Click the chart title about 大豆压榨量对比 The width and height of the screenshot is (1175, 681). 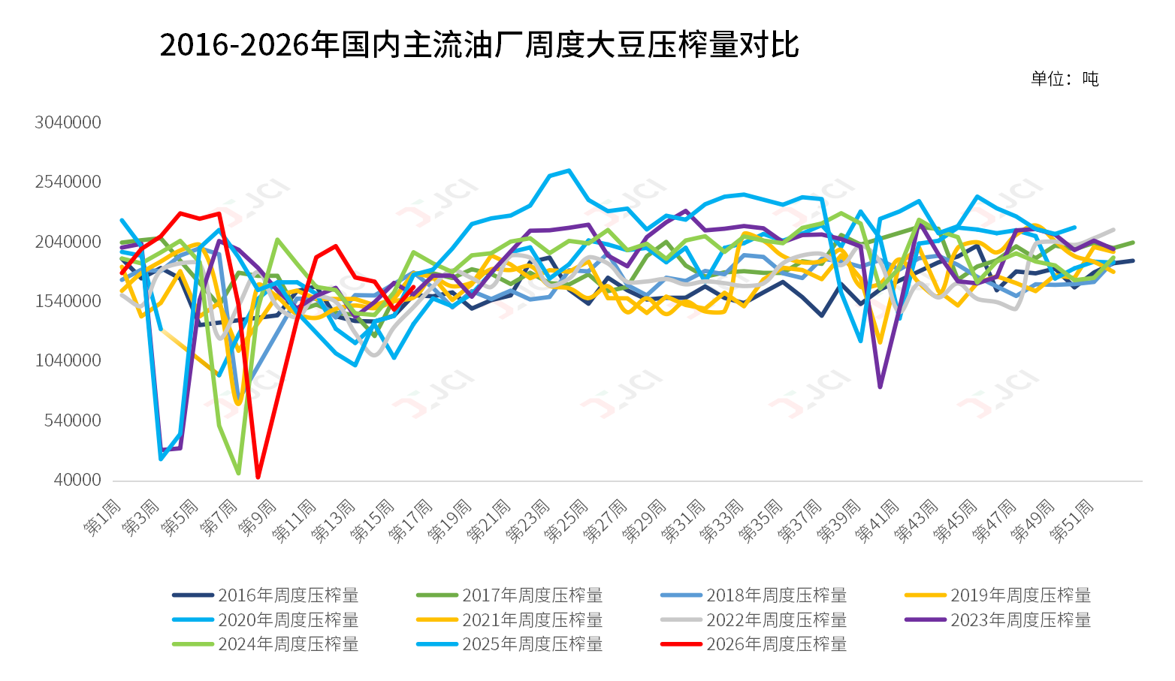coord(479,44)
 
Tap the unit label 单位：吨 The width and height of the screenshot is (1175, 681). coord(1065,79)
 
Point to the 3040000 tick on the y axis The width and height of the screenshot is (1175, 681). coord(68,122)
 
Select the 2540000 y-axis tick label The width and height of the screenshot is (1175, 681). coord(68,182)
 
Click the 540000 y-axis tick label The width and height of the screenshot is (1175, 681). coord(72,420)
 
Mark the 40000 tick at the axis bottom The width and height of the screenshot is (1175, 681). coord(77,480)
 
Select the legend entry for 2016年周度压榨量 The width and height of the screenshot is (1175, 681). coord(265,595)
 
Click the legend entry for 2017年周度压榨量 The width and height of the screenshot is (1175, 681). coord(509,595)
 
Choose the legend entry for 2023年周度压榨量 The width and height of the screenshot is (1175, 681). coord(998,620)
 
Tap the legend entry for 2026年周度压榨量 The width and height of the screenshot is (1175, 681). coord(754,644)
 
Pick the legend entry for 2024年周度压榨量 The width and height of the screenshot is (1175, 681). coord(265,644)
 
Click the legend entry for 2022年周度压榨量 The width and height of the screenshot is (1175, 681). coord(754,620)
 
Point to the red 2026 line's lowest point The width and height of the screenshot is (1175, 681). coord(258,477)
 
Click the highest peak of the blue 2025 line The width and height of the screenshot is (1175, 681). coord(569,170)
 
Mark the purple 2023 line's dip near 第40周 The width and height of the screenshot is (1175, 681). coord(880,387)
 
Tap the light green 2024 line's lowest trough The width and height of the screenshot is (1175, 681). coord(239,474)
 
